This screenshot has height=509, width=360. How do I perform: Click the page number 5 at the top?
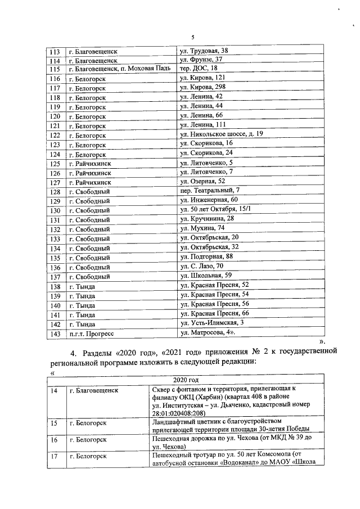pyautogui.click(x=192, y=37)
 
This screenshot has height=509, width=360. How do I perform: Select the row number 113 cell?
pyautogui.click(x=55, y=51)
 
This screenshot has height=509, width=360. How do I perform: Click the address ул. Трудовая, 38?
pyautogui.click(x=204, y=51)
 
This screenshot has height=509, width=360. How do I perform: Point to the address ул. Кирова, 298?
pyautogui.click(x=202, y=88)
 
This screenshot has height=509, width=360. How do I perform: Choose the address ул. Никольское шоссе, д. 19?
pyautogui.click(x=221, y=134)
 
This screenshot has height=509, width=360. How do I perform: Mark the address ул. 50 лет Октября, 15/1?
pyautogui.click(x=215, y=210)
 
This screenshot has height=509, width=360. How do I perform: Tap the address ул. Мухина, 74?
pyautogui.click(x=202, y=229)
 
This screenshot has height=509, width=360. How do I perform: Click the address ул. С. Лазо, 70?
pyautogui.click(x=202, y=267)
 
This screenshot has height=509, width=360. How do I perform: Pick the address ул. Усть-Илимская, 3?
pyautogui.click(x=211, y=323)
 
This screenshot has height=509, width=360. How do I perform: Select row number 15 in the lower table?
pyautogui.click(x=54, y=423)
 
